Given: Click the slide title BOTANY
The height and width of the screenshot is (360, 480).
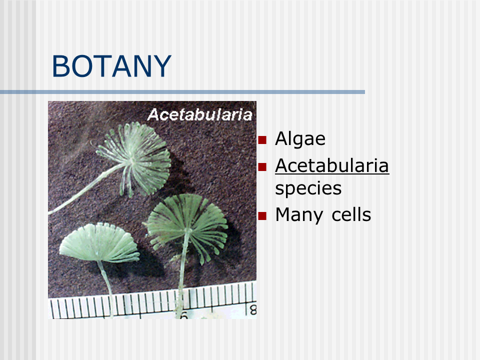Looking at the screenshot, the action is (x=111, y=66).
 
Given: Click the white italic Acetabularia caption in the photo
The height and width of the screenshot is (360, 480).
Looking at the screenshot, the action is (x=199, y=115).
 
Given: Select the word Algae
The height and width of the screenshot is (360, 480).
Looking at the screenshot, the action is (x=300, y=139).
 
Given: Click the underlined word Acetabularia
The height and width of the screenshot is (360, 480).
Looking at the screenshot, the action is (x=332, y=165).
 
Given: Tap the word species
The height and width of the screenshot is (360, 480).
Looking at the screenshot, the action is (x=308, y=188).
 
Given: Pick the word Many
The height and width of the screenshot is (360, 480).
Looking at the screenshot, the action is (x=299, y=215).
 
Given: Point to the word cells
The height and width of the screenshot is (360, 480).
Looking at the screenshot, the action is (x=351, y=214).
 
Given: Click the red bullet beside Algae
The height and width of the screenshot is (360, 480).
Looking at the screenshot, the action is (x=262, y=140).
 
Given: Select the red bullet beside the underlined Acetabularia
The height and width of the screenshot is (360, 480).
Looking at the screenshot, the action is (x=262, y=167).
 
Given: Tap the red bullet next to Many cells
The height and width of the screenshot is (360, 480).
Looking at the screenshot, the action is (x=262, y=216).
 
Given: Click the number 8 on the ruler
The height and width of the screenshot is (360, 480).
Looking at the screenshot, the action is (x=253, y=310).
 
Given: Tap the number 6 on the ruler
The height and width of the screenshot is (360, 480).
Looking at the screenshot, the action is (x=184, y=315).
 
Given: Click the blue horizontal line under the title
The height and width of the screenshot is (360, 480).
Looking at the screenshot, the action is (x=182, y=92).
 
